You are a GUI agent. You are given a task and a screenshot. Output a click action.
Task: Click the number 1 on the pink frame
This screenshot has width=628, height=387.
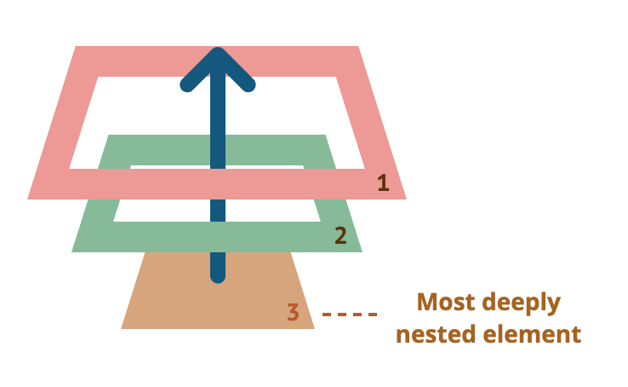[383, 182]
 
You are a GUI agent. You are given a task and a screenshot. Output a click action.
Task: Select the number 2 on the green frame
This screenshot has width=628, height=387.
[340, 235]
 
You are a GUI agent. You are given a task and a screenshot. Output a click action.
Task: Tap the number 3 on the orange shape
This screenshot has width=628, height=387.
[293, 312]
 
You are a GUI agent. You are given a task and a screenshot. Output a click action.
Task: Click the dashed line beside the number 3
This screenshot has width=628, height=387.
[350, 315]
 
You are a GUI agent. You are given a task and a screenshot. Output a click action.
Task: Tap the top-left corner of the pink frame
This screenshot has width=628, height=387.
[78, 48]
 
